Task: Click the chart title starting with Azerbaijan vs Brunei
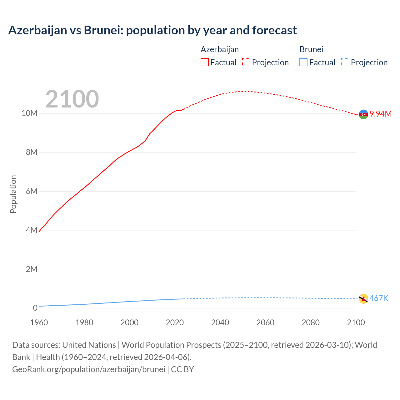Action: click(152, 30)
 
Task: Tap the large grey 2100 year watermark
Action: click(72, 99)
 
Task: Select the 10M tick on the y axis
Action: click(29, 113)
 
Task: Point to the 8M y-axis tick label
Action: click(32, 152)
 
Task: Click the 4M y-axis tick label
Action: click(32, 230)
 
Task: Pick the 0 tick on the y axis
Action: click(35, 308)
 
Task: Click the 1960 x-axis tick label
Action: click(39, 322)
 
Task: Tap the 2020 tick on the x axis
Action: click(175, 322)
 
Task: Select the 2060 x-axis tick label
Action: click(265, 322)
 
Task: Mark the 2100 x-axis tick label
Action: click(356, 322)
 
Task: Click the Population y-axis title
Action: click(13, 194)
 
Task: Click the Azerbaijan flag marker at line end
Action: click(363, 114)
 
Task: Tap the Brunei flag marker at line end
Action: click(363, 299)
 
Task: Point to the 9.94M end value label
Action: click(381, 114)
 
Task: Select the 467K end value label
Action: click(379, 298)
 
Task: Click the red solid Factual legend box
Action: click(205, 62)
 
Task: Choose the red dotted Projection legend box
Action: click(246, 62)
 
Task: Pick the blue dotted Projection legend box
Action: click(345, 62)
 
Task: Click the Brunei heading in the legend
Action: click(311, 49)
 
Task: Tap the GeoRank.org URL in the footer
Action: click(88, 369)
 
